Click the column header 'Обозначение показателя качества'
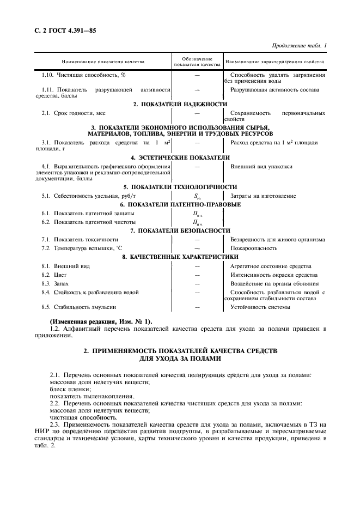pos(197,62)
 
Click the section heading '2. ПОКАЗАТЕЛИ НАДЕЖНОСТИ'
pos(180,104)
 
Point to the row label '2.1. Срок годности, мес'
pos(73,113)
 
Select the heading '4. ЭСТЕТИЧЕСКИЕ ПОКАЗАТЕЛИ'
pos(180,157)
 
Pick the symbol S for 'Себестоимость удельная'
pos(197,196)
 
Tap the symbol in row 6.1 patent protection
pos(197,214)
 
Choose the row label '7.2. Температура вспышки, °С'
pos(78,248)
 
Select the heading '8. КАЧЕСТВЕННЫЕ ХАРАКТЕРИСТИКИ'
pos(180,257)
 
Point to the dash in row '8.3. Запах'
pos(197,283)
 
